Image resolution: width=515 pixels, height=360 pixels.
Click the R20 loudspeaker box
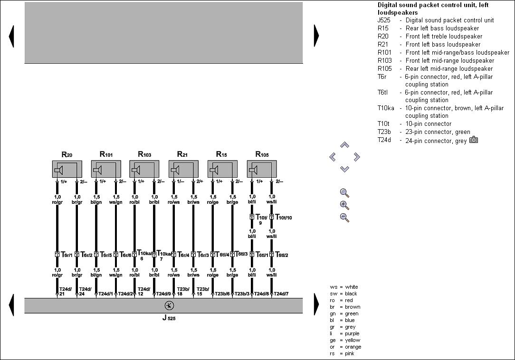(67, 169)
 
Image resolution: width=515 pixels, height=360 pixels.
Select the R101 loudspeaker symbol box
(106, 169)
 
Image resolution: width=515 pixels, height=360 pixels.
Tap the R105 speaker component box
(262, 169)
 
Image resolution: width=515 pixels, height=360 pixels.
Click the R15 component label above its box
(221, 154)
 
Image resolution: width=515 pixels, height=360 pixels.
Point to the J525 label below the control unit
(169, 318)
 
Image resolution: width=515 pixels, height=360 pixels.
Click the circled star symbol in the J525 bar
(169, 305)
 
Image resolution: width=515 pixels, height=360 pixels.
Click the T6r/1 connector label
(67, 255)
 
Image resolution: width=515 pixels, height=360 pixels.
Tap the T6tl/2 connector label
(282, 255)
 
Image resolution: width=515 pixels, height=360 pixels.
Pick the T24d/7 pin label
(281, 294)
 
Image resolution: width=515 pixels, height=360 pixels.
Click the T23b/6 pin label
(222, 294)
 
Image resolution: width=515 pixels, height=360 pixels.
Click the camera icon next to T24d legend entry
(474, 140)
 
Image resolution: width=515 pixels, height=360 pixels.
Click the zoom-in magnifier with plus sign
(344, 205)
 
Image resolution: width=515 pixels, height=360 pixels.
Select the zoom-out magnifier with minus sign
(344, 218)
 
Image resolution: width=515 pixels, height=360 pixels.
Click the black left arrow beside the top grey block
(11, 36)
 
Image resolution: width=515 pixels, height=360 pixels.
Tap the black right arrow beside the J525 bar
(316, 304)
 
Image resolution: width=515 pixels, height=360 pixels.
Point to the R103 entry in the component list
(436, 60)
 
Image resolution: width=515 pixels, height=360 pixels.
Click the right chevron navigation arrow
(357, 157)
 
